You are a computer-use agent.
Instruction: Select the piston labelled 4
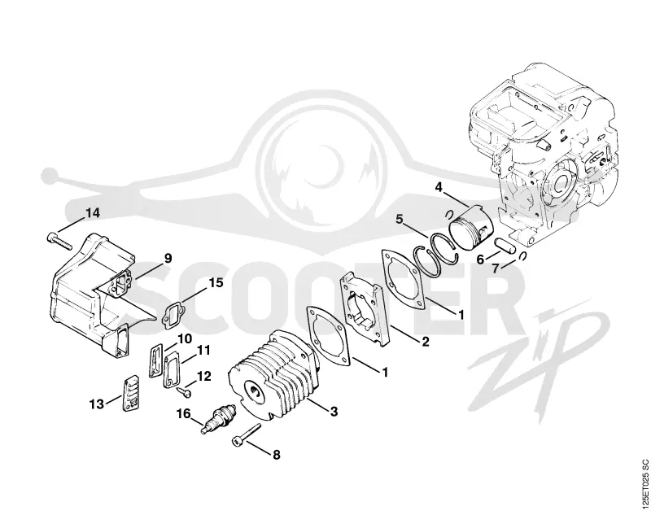(471, 228)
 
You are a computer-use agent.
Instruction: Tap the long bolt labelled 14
(58, 242)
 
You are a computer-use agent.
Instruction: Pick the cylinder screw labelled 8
(246, 435)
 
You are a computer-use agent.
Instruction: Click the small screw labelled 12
(184, 391)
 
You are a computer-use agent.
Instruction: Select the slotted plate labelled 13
(130, 393)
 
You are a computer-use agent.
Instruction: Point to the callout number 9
(168, 258)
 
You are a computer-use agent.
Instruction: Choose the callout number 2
(425, 342)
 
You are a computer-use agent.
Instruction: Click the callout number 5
(400, 219)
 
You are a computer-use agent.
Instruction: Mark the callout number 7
(496, 268)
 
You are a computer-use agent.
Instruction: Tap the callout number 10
(185, 339)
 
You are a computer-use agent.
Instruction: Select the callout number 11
(203, 351)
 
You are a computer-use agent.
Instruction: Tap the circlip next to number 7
(522, 256)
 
